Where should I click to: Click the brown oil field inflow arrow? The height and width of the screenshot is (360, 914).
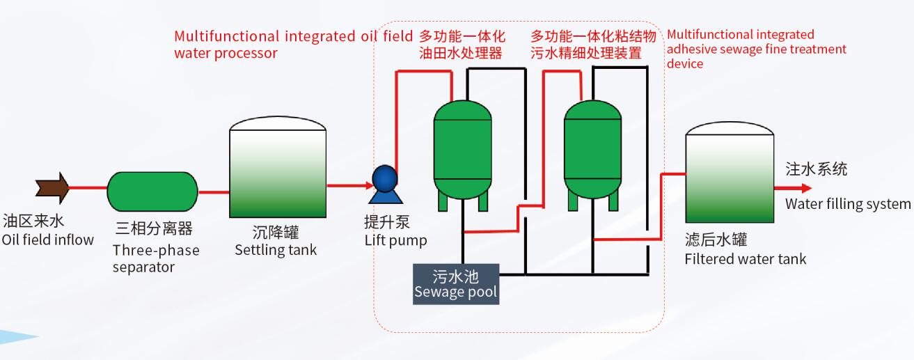pos(52,188)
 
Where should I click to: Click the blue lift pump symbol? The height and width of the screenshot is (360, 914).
pos(384,178)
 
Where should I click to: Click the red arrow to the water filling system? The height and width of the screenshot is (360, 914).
pos(798,188)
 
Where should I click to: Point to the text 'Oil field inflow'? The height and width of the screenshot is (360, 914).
pos(47,240)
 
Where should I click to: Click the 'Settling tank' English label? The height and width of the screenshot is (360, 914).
pos(275,250)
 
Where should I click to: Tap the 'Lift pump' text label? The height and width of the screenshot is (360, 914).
pos(395,241)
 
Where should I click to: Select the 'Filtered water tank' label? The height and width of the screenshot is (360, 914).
pos(746,259)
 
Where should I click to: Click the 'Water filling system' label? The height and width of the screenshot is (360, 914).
pos(847,204)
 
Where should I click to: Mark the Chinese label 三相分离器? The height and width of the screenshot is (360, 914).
pos(154,228)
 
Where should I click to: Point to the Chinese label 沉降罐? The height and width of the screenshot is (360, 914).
pos(275,232)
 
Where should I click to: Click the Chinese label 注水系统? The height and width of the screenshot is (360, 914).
pos(817,169)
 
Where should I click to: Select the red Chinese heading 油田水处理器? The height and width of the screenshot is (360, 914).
pos(460,53)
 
